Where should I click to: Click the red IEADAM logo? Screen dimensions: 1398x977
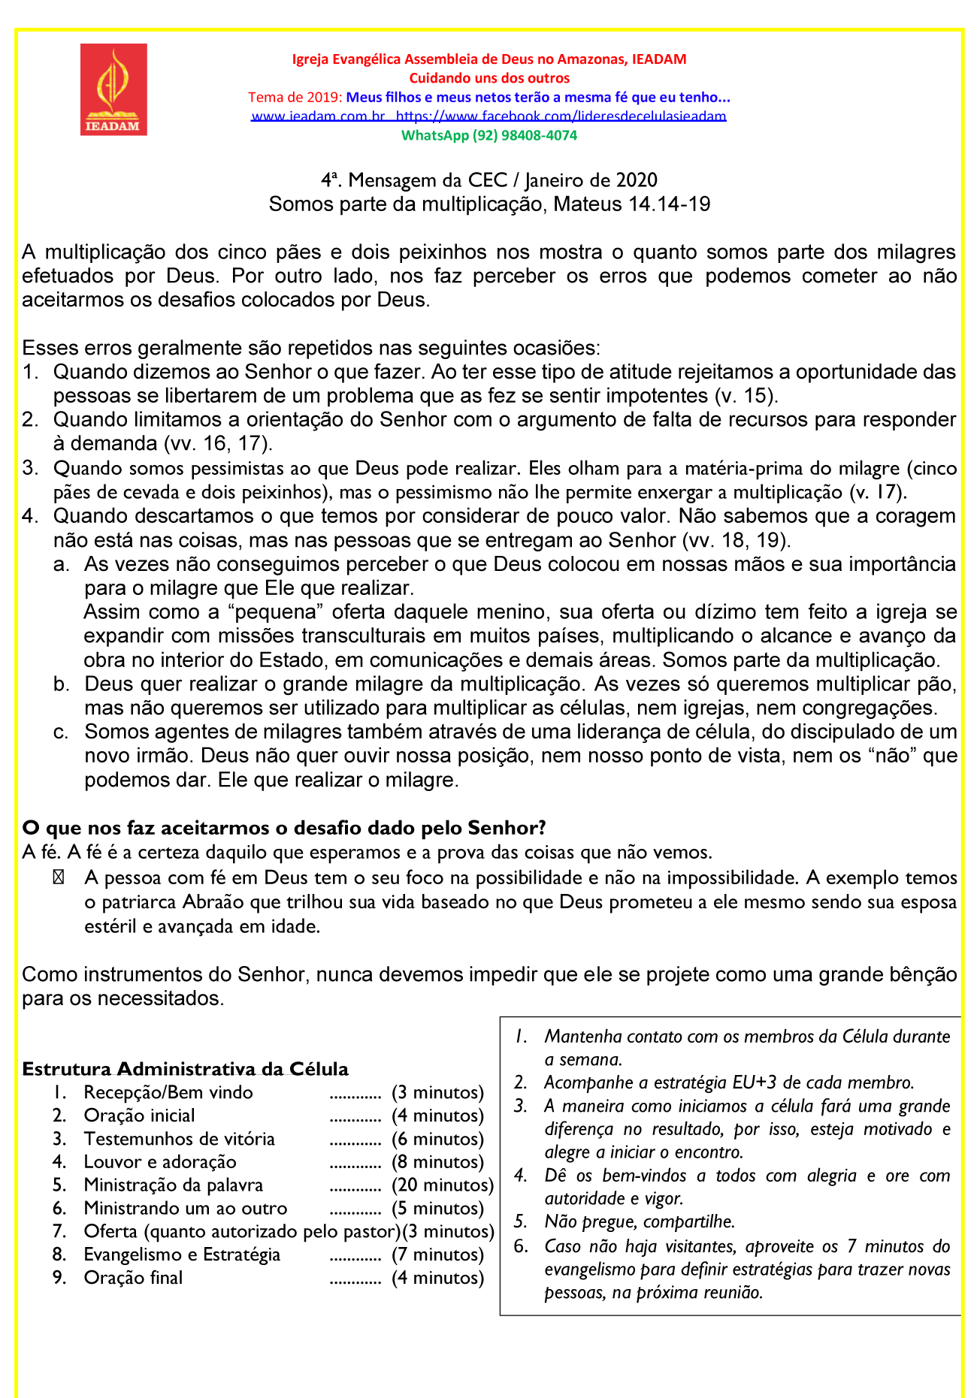[x=113, y=89]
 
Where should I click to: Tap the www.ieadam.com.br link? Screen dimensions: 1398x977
[x=318, y=116]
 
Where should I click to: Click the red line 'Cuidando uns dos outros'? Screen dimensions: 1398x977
[x=489, y=78]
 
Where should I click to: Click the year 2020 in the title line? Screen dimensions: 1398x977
[x=637, y=180]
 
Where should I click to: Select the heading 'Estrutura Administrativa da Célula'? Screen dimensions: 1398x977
[x=185, y=1069]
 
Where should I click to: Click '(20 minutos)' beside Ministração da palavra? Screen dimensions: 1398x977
[x=443, y=1185]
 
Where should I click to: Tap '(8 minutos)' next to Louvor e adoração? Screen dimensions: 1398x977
[x=437, y=1162]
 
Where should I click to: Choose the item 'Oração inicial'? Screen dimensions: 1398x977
[x=139, y=1116]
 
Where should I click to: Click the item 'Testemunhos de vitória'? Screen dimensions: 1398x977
[x=179, y=1139]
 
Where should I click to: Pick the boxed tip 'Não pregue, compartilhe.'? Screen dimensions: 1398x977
[x=639, y=1222]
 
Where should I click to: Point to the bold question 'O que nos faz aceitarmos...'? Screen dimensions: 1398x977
[x=283, y=828]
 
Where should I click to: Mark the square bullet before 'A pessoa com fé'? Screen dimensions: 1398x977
[x=59, y=878]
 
